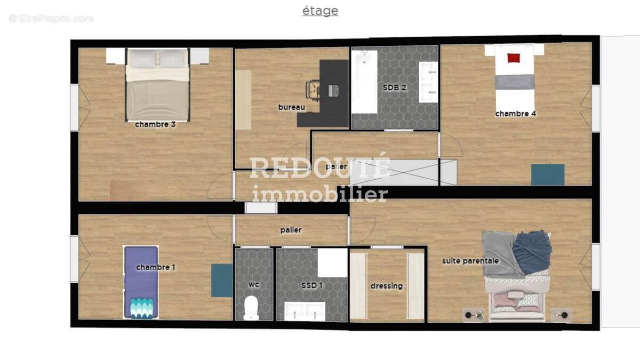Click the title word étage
(321, 11)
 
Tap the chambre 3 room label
(155, 125)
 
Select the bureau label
(292, 107)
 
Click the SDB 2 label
(394, 87)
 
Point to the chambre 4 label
(515, 114)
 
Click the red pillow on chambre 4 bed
(514, 58)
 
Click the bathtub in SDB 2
(364, 82)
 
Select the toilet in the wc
(251, 308)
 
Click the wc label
(254, 285)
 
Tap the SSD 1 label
(311, 285)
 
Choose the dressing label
(387, 286)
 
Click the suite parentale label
(470, 261)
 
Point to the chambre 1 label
(156, 267)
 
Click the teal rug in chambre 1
(222, 281)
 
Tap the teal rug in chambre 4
(548, 174)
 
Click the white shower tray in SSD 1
(333, 262)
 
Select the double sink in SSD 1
(305, 311)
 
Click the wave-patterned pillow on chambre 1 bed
(141, 309)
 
